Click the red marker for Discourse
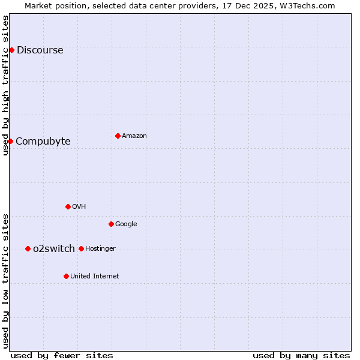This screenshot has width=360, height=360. pyautogui.click(x=11, y=50)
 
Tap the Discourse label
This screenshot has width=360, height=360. pyautogui.click(x=40, y=50)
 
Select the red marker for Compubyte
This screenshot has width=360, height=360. pyautogui.click(x=10, y=141)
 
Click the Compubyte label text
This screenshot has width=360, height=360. pyautogui.click(x=43, y=142)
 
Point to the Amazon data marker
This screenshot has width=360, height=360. pyautogui.click(x=118, y=136)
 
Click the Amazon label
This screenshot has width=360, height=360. pyautogui.click(x=134, y=136)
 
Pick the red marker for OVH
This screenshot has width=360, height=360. pyautogui.click(x=68, y=206)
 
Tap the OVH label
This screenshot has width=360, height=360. pyautogui.click(x=79, y=207)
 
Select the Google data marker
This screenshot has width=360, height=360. pyautogui.click(x=111, y=224)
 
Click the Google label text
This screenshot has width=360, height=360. pyautogui.click(x=126, y=224)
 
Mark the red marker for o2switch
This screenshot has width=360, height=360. pyautogui.click(x=28, y=248)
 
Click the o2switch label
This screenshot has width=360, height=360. pyautogui.click(x=53, y=249)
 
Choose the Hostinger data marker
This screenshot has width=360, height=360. pyautogui.click(x=81, y=248)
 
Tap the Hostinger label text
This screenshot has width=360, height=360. pyautogui.click(x=100, y=249)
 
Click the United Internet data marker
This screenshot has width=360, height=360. pyautogui.click(x=66, y=276)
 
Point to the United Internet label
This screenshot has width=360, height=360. pyautogui.click(x=94, y=277)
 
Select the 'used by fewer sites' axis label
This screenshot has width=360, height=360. pyautogui.click(x=62, y=355)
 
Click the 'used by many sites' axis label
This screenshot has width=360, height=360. pyautogui.click(x=301, y=355)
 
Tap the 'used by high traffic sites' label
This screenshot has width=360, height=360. pyautogui.click(x=6, y=85)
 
